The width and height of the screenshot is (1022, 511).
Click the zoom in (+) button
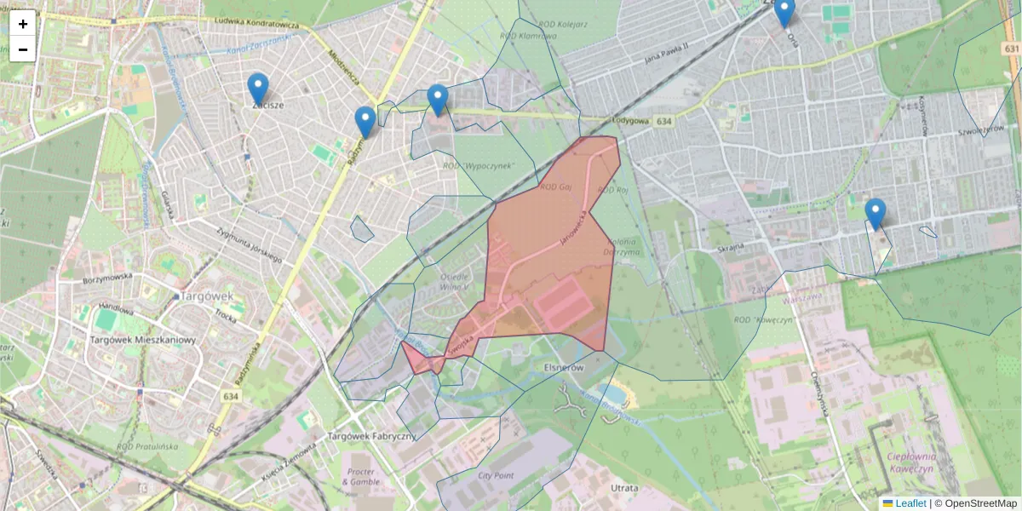(x=23, y=23)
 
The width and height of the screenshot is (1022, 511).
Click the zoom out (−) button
(x=23, y=49)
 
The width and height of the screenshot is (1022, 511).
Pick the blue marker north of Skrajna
(x=875, y=213)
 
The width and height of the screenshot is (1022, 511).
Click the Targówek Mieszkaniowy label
(x=143, y=340)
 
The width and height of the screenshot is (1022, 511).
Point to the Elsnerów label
(x=563, y=367)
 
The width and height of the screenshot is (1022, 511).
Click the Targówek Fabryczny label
(x=370, y=436)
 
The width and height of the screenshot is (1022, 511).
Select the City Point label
(x=497, y=476)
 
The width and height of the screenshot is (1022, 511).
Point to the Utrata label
(x=625, y=488)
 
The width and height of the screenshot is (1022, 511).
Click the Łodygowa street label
(x=631, y=121)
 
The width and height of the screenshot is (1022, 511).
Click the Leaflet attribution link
(x=910, y=503)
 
